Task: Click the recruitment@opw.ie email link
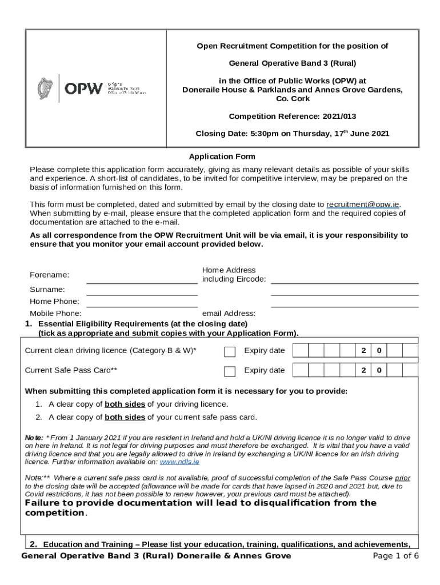pos(363,205)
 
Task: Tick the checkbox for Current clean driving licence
pos(230,351)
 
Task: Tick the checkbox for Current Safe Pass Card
pos(230,371)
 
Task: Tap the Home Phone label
pos(54,301)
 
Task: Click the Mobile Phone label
pos(55,313)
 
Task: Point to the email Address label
pos(229,313)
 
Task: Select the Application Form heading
pos(222,157)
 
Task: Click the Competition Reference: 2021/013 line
pos(292,117)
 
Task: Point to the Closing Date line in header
pos(292,134)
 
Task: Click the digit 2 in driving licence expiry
pos(363,350)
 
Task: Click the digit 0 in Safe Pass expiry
pos(378,370)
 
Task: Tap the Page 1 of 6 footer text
pos(395,556)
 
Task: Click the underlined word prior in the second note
pos(402,478)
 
